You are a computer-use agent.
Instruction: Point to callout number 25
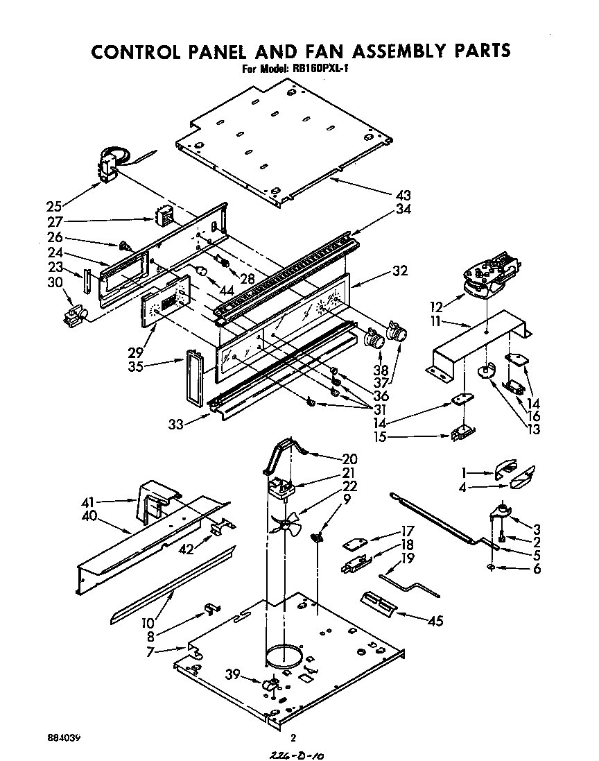point(54,206)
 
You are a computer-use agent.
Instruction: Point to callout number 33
point(176,425)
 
